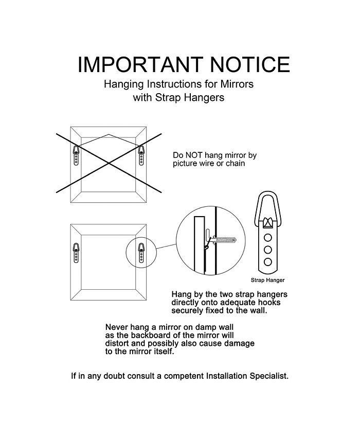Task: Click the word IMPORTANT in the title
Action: point(140,64)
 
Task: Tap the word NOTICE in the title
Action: point(250,64)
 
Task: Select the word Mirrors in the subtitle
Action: point(237,84)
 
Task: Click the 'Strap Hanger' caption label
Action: point(267,280)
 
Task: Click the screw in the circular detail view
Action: point(224,240)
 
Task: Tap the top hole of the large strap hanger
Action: point(268,238)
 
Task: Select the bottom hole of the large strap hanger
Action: point(268,262)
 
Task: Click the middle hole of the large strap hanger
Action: point(268,250)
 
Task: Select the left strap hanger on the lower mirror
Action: point(76,253)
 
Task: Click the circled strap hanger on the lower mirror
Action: point(141,253)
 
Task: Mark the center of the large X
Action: point(109,163)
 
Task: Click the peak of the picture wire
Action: point(109,135)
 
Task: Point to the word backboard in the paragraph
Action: point(151,336)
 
